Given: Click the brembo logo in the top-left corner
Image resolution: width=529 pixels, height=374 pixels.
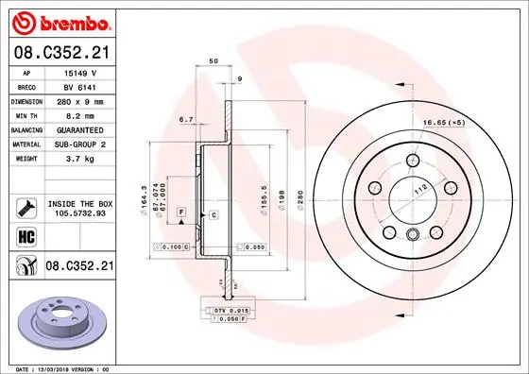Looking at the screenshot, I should tap(59, 20).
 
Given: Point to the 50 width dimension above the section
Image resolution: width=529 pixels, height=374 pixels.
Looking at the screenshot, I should tap(213, 59).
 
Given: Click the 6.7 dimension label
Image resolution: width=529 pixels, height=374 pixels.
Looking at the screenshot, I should tap(185, 120).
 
